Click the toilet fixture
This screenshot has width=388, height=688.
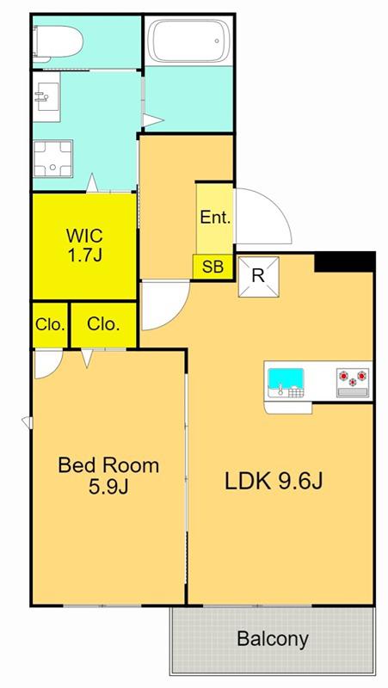[57, 42]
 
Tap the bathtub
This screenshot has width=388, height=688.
[188, 40]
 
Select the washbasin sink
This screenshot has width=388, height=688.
[46, 97]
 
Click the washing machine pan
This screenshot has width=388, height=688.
[53, 158]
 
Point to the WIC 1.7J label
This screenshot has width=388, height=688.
[84, 245]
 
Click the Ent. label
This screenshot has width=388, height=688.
[215, 218]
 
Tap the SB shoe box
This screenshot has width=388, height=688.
[212, 267]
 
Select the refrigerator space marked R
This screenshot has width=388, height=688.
[258, 277]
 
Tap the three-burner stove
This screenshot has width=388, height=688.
[353, 382]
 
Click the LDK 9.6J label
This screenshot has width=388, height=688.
[274, 482]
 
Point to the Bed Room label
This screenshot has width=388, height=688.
[108, 465]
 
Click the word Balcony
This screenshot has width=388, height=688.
[273, 638]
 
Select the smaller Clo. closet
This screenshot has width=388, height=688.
[50, 325]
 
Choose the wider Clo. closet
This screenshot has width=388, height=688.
[103, 325]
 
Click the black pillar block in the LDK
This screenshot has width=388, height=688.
[345, 262]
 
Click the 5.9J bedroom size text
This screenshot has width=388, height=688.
[108, 487]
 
